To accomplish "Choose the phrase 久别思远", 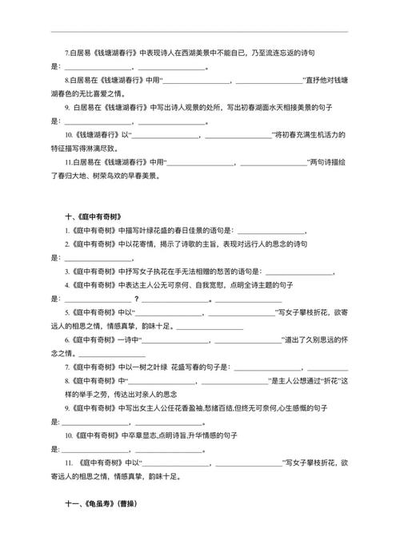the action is pyautogui.click(x=314, y=340).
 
